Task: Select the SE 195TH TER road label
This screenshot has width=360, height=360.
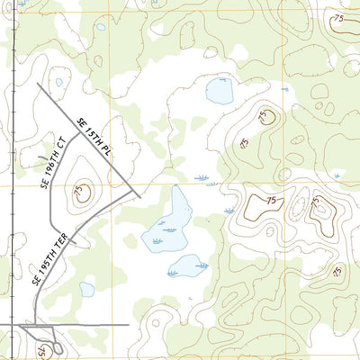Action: tap(44, 261)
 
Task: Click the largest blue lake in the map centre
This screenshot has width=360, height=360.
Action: tap(167, 223)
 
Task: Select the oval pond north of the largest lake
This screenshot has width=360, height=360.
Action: tap(220, 90)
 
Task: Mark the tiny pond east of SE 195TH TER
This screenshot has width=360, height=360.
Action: tap(86, 289)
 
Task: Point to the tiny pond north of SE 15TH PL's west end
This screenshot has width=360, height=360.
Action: tap(59, 82)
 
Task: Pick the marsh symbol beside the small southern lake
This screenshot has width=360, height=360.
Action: tap(202, 265)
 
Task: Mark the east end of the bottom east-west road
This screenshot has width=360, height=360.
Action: tap(128, 323)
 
